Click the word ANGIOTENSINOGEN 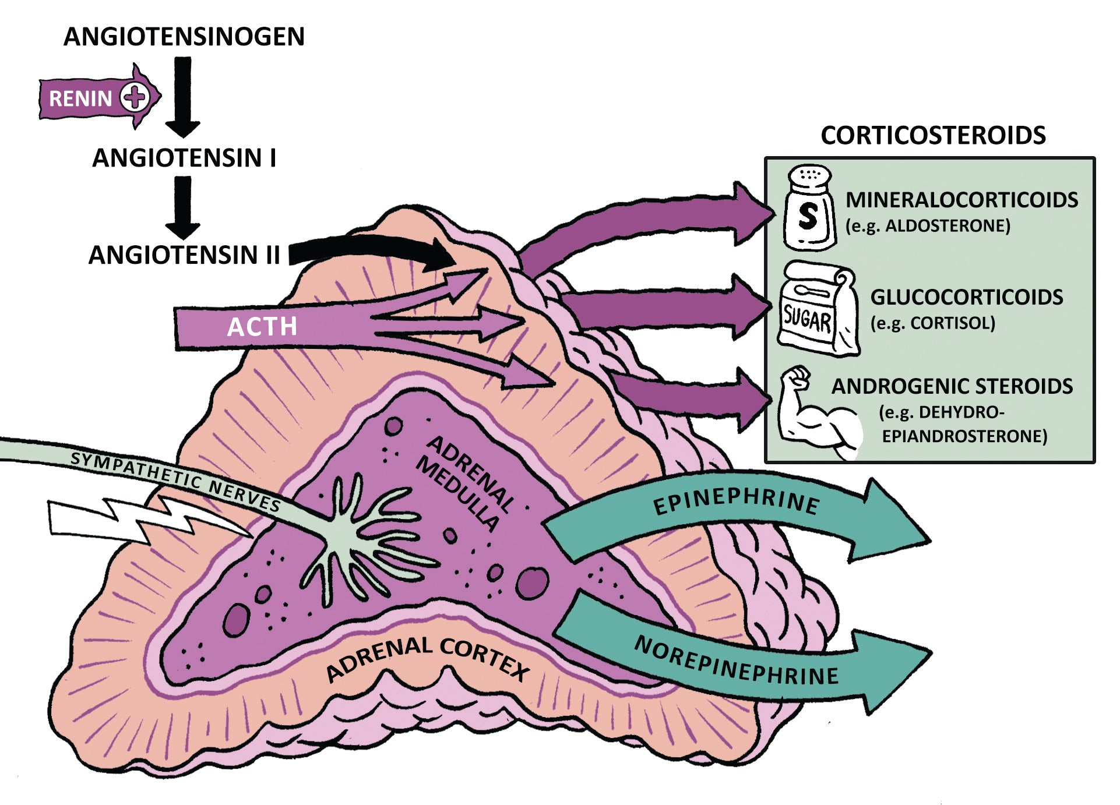tap(184, 37)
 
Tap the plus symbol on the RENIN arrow tap(135, 97)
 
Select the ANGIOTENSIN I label tap(184, 158)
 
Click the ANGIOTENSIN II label tap(184, 255)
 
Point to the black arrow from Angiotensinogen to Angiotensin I tap(183, 96)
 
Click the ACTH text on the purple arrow tap(262, 327)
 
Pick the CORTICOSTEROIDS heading tap(933, 135)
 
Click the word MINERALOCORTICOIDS tap(961, 200)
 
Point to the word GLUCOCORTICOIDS tap(966, 297)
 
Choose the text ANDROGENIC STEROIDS tap(952, 386)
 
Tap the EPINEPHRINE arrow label tap(737, 502)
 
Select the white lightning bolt tap(146, 520)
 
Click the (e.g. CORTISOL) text tap(932, 323)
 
